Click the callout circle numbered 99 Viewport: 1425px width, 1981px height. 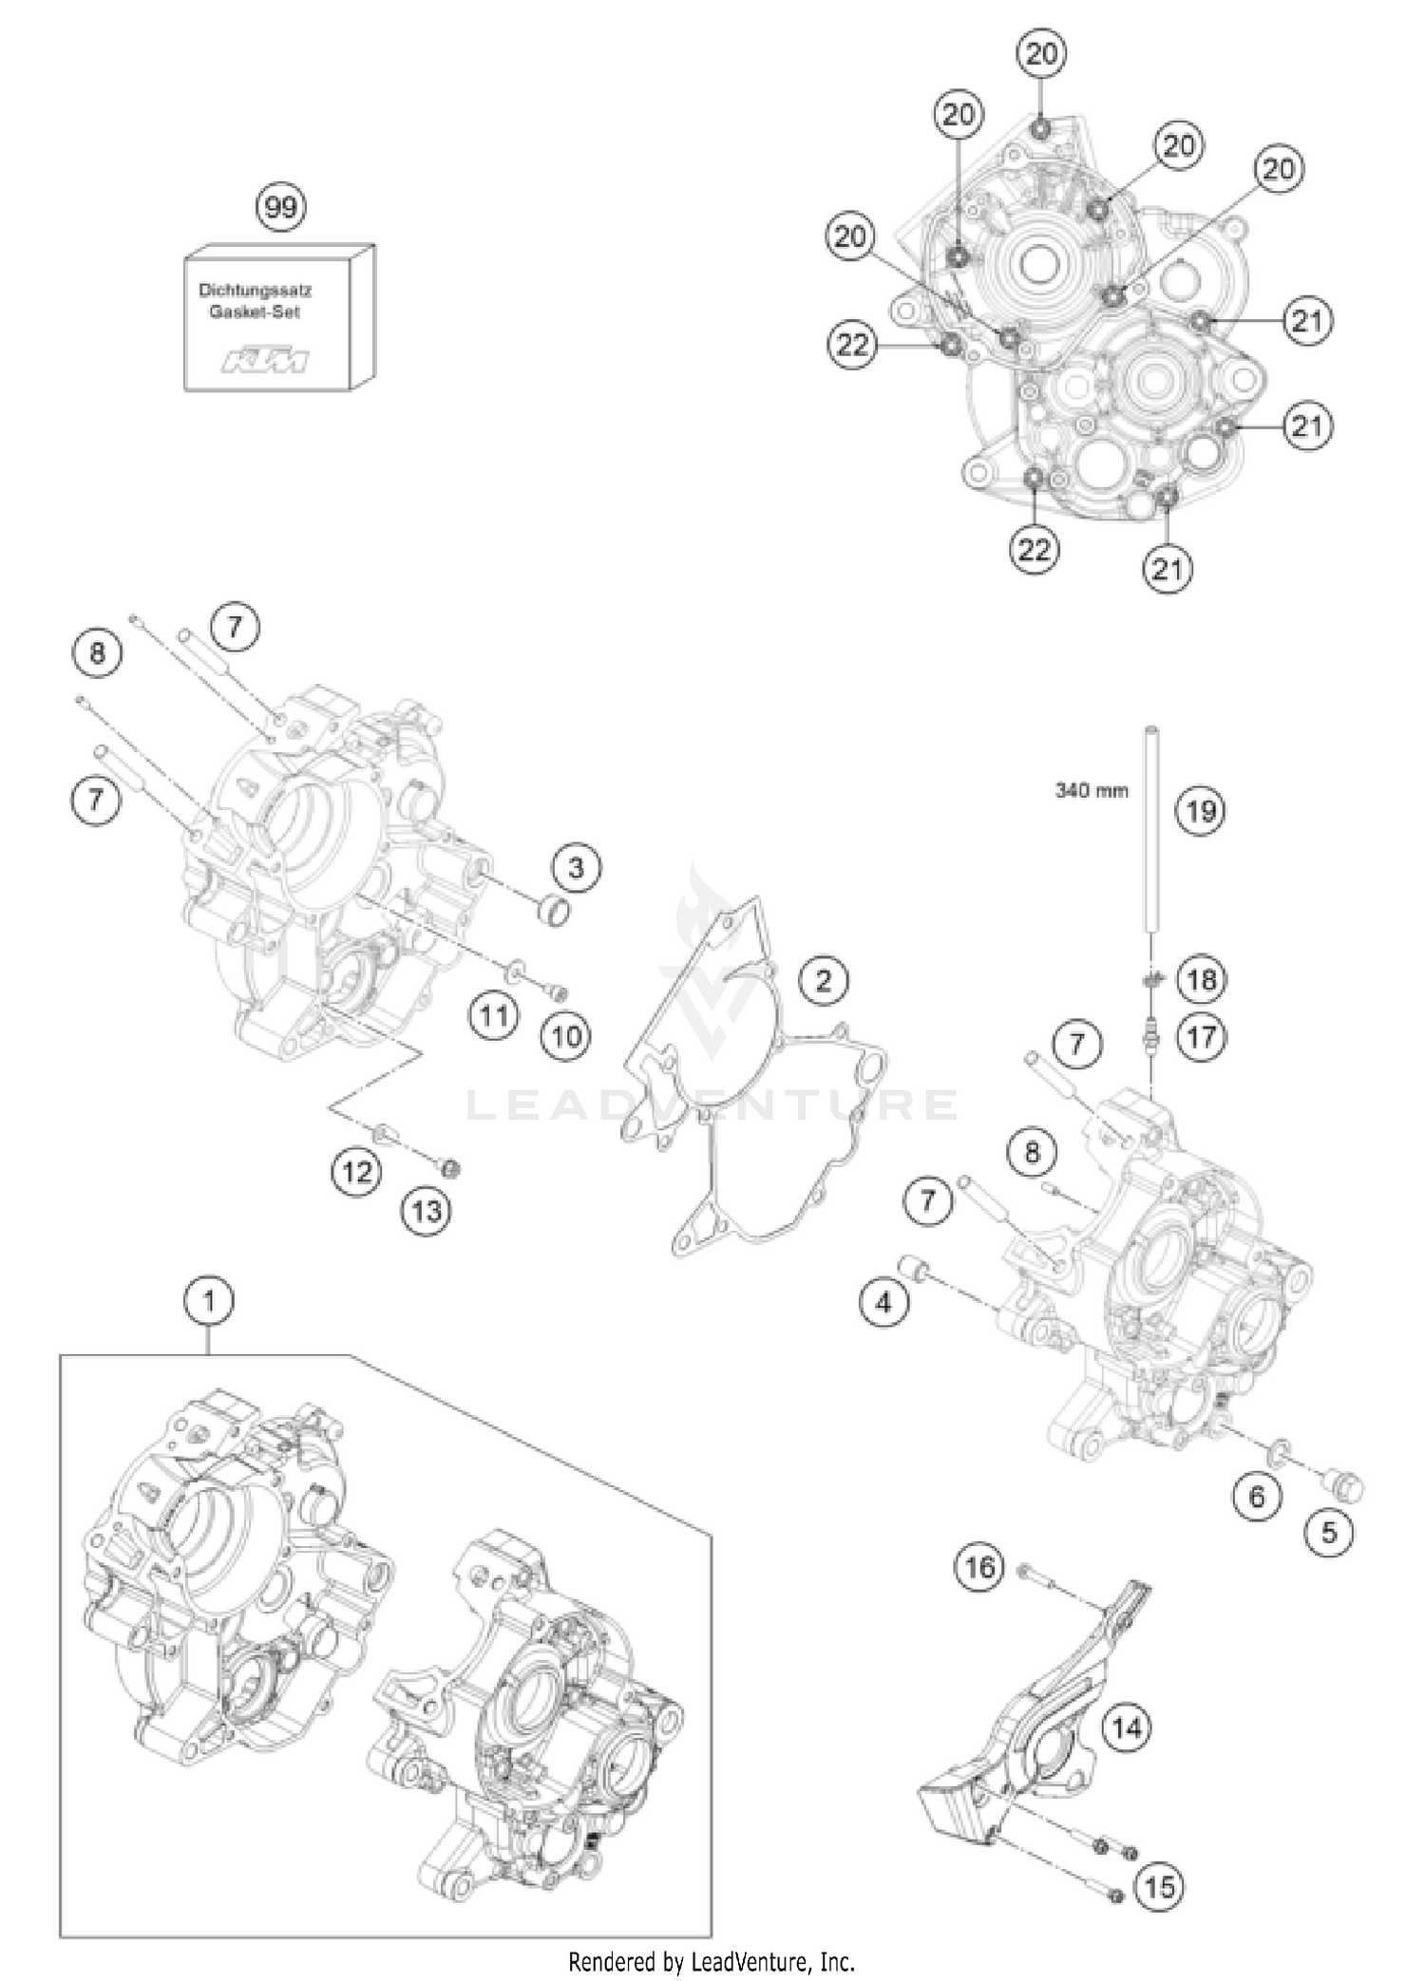281,206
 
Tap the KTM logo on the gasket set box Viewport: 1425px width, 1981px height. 266,362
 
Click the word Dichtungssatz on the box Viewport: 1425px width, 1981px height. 255,290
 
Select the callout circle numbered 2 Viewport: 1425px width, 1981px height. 823,980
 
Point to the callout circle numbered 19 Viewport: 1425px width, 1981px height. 1201,811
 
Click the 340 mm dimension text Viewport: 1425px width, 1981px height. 1092,790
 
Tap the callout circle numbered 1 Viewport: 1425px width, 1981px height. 209,1303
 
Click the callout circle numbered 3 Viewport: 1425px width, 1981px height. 577,868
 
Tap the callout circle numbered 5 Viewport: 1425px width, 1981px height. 1329,1531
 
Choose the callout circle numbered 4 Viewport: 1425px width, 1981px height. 883,1303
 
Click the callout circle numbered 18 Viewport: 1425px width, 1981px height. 1202,978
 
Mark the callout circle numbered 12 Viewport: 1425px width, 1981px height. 356,1172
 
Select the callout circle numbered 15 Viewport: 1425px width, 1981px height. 1161,1860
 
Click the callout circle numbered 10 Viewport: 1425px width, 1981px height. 566,1035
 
